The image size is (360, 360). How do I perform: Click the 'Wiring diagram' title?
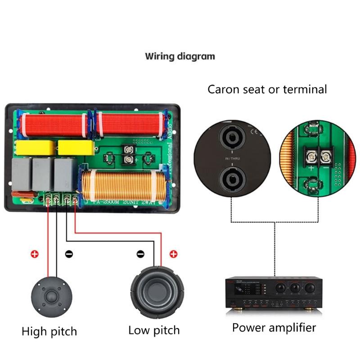click(180, 57)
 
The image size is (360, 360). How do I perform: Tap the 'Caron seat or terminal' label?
click(267, 89)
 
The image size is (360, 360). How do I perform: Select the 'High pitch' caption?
click(49, 332)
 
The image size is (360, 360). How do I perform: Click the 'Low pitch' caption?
click(154, 330)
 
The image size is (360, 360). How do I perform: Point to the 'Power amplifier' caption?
click(274, 327)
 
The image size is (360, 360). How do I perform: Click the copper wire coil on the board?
click(124, 185)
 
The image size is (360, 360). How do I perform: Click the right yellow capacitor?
click(76, 148)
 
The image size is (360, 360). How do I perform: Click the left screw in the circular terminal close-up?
click(310, 156)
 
